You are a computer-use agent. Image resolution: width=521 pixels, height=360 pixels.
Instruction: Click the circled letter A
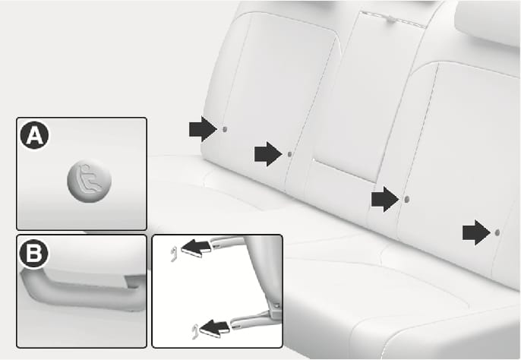[34, 135]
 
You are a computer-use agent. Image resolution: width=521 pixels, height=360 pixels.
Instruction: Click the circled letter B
[33, 254]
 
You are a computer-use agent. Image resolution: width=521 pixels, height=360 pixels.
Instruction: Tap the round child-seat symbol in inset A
[90, 181]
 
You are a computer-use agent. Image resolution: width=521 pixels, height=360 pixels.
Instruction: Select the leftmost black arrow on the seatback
[203, 129]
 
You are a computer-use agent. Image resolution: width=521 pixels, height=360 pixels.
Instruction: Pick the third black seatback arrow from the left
[385, 199]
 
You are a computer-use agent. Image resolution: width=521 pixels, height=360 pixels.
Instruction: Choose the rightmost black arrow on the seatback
[476, 232]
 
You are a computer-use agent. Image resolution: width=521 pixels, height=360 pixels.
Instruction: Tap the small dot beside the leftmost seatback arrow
[224, 129]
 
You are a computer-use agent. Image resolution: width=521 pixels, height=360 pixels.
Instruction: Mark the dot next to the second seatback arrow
[289, 154]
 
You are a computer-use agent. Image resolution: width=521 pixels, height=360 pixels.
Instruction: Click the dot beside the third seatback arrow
[406, 199]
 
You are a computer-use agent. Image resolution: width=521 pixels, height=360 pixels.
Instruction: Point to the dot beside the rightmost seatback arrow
[497, 232]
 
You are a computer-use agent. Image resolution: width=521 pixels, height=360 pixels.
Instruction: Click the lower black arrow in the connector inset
[215, 329]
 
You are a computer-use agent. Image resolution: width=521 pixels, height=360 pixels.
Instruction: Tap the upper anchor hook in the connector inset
[174, 254]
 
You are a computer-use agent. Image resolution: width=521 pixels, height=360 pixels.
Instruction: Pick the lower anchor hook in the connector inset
[195, 332]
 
